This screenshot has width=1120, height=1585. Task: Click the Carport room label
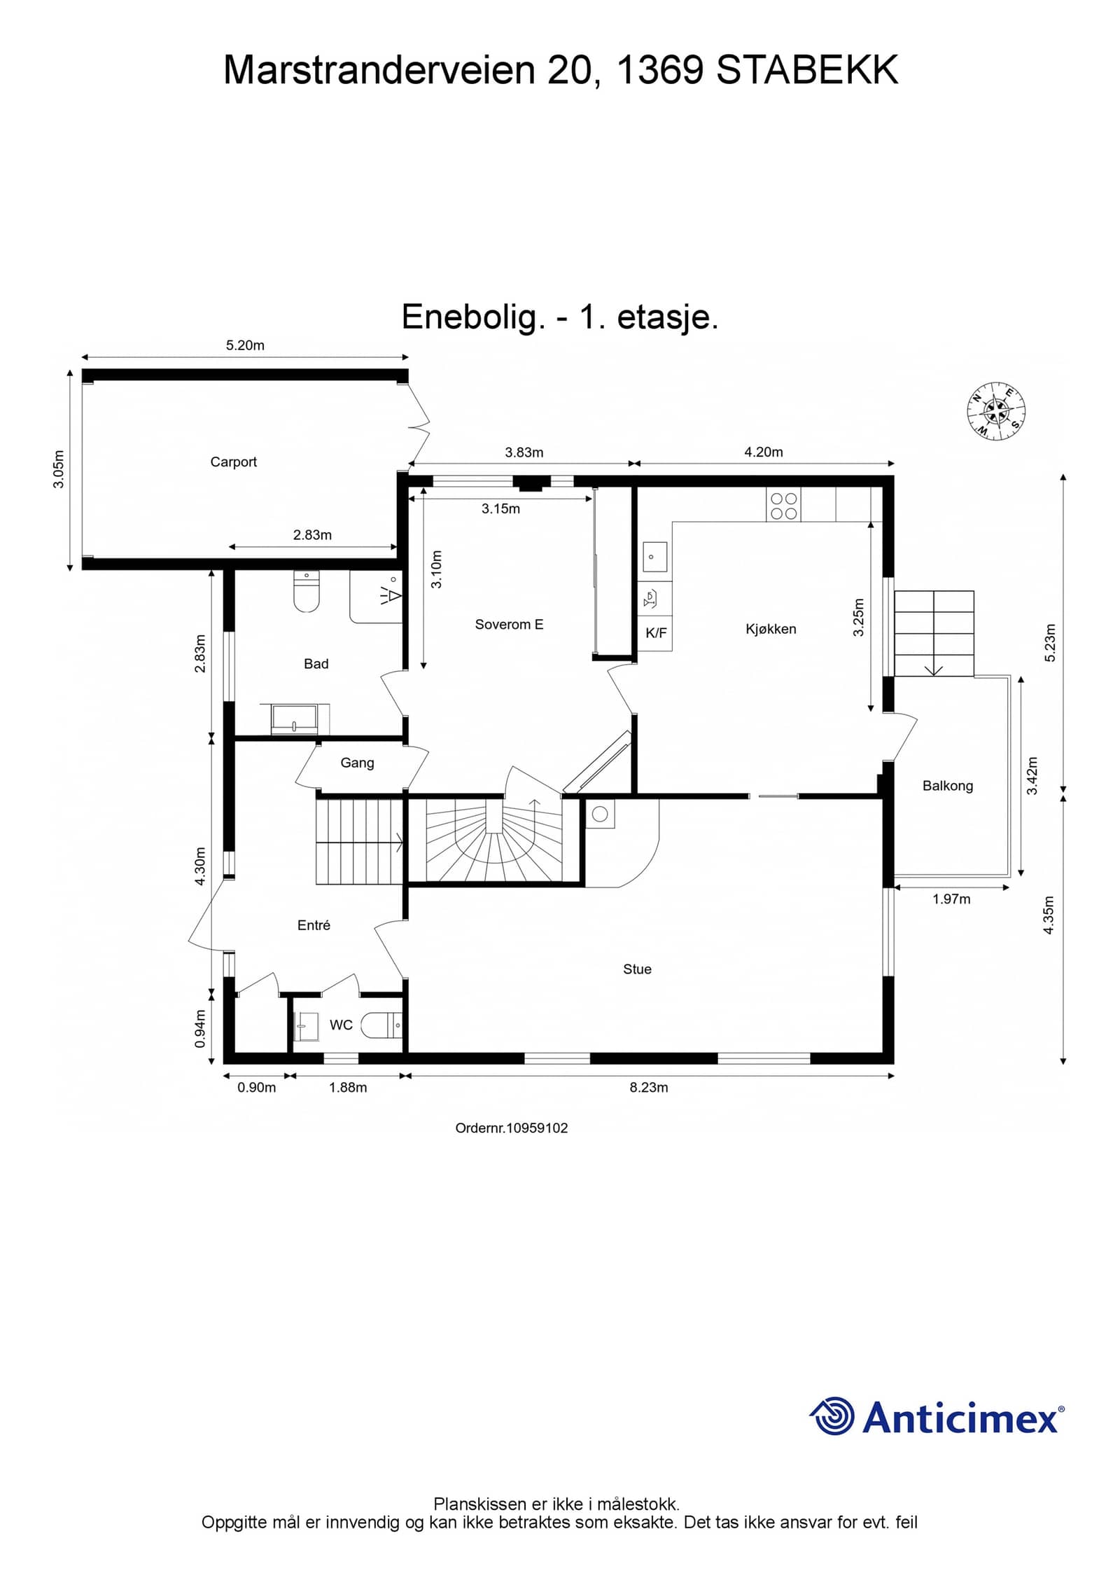[x=233, y=462]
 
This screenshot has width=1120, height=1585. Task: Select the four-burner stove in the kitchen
[x=783, y=506]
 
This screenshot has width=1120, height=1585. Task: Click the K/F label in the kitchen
[x=656, y=633]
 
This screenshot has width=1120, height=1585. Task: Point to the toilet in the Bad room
[x=306, y=591]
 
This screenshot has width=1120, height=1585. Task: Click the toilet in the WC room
[x=381, y=1026]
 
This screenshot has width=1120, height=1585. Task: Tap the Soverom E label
[x=509, y=625]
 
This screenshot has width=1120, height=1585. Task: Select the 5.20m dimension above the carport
[x=245, y=345]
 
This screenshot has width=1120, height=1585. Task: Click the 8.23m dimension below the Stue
[x=649, y=1088]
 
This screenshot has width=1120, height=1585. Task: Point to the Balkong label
[x=948, y=786]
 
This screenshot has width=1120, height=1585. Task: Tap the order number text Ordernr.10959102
[x=512, y=1128]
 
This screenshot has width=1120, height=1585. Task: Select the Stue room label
[x=637, y=969]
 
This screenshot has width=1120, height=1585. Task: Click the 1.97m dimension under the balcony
[x=951, y=899]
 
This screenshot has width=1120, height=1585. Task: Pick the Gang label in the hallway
[x=357, y=763]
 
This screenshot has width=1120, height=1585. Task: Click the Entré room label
[x=314, y=925]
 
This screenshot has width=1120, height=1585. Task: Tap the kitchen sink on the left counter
[x=654, y=558]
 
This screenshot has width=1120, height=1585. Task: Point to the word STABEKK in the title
[x=808, y=70]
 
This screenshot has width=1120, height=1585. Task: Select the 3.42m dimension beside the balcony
[x=1032, y=776]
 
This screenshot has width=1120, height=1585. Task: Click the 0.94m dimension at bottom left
[x=201, y=1029]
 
